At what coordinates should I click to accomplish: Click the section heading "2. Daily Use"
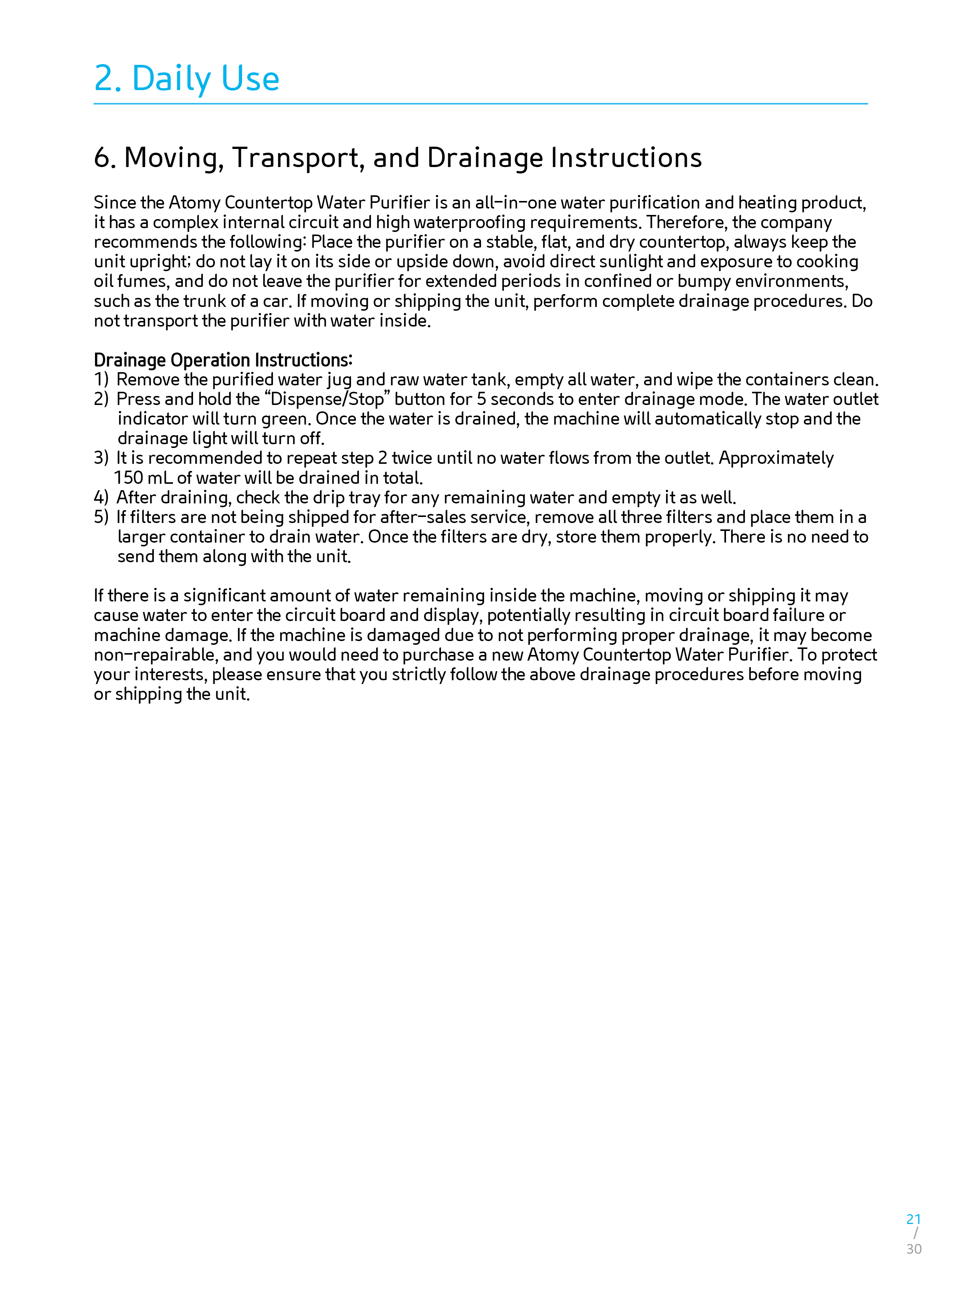[x=186, y=78]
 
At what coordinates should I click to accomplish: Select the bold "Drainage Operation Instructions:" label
[x=223, y=360]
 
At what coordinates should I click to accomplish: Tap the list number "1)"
[x=101, y=380]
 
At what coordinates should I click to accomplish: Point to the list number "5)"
[x=101, y=517]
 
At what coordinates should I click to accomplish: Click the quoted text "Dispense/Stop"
[x=327, y=400]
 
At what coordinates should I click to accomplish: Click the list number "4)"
[x=101, y=497]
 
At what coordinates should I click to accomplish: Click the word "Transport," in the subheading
[x=298, y=158]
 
